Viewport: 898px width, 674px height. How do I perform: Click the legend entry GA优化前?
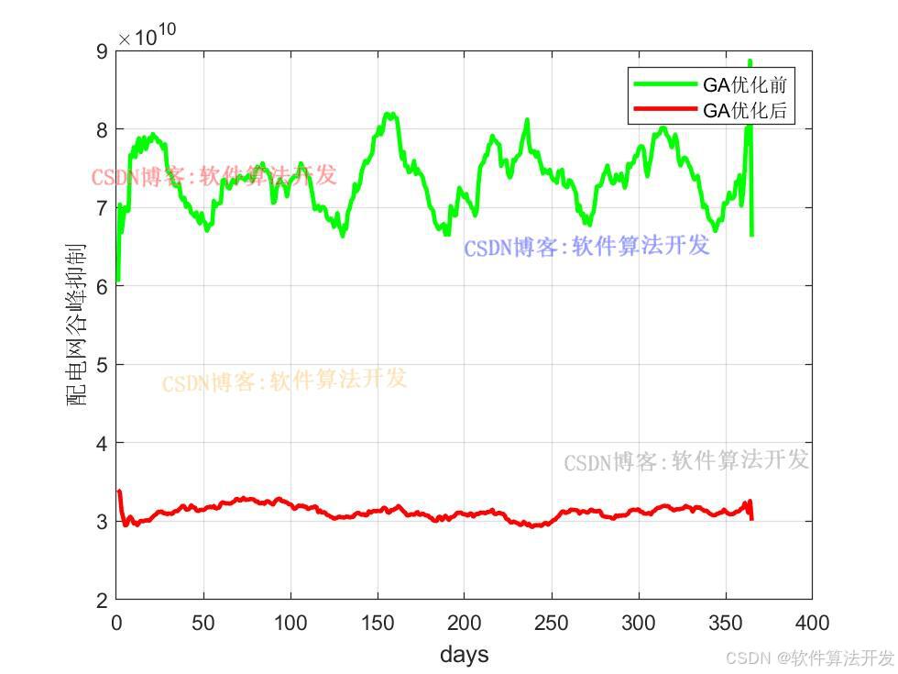(x=744, y=85)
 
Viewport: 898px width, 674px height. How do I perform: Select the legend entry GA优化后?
(x=744, y=112)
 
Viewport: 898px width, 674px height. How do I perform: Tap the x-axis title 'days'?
(x=464, y=655)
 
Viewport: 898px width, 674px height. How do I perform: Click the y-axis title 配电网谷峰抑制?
(x=77, y=325)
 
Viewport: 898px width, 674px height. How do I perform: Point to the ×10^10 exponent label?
(x=147, y=37)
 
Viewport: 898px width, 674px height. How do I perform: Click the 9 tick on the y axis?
(x=101, y=51)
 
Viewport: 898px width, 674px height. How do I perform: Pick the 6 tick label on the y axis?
(x=101, y=286)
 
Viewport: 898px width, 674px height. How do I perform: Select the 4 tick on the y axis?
(x=101, y=443)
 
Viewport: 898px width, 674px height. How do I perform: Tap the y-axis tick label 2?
(x=101, y=600)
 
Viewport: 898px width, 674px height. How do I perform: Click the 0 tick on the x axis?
(x=116, y=624)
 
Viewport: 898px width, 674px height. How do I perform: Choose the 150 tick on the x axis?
(x=378, y=624)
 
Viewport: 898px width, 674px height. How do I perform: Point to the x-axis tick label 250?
(x=551, y=624)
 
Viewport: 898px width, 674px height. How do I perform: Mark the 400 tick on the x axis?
(x=812, y=624)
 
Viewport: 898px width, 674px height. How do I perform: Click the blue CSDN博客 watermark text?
(x=586, y=247)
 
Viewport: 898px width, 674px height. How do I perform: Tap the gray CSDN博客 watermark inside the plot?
(x=686, y=460)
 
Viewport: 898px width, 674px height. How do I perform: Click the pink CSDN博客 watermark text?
(x=214, y=176)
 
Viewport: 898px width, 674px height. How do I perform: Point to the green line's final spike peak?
(x=750, y=62)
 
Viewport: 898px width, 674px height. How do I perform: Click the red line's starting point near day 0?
(x=119, y=492)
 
